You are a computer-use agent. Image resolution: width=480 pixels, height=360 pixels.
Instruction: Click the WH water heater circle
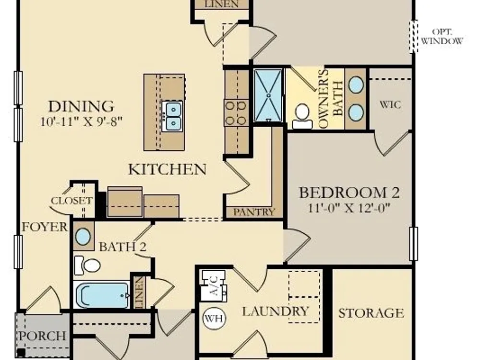coord(214,318)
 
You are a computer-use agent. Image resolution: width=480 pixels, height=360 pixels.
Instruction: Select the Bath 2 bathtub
coord(102,295)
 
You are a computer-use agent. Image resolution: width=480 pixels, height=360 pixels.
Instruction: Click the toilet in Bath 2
coord(88,265)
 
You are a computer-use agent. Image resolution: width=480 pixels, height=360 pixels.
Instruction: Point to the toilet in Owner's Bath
coord(302,116)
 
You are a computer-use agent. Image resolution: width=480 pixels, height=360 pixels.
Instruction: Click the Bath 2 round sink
coord(83,237)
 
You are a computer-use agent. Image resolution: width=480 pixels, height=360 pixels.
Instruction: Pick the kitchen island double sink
coord(172,116)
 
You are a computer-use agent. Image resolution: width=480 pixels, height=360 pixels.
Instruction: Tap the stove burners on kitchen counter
coord(236,113)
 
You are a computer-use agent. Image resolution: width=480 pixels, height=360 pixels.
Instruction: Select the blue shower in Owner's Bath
coord(268,95)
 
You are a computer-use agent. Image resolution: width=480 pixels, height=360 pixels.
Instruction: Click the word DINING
coord(82,107)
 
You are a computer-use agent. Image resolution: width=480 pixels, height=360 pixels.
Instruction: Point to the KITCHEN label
coord(167,169)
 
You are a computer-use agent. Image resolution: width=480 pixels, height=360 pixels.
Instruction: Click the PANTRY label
coord(254,212)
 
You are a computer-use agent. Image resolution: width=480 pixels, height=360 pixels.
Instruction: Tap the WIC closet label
coord(390,105)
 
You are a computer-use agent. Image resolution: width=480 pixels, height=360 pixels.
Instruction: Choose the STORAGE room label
coord(371,313)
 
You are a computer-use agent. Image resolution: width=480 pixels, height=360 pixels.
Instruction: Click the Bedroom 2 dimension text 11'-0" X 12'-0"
coord(349,208)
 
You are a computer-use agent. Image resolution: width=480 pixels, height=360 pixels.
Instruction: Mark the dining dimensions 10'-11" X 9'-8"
coord(82,121)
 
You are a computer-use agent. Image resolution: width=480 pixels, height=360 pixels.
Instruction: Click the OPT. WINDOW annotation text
coord(442,36)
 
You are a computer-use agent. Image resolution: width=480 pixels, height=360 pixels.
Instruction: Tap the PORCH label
coord(43,336)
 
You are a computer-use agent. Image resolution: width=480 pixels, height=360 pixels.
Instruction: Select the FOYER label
coord(45,227)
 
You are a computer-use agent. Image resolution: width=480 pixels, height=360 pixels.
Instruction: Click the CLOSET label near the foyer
coord(72,201)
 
